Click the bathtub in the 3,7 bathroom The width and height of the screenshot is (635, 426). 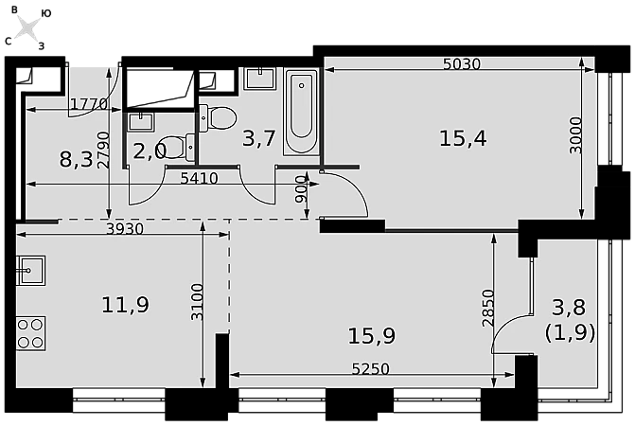[x=301, y=112]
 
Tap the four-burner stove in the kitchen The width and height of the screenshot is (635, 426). [x=31, y=333]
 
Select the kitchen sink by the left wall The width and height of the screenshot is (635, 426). [x=30, y=270]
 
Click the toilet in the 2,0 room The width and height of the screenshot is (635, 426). [x=178, y=147]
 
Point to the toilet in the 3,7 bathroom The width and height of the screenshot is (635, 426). [x=218, y=117]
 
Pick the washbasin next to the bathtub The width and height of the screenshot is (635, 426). [x=259, y=79]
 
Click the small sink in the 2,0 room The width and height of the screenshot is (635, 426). [x=141, y=121]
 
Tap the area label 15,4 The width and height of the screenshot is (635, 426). [x=463, y=138]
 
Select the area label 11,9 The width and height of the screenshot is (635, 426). [x=125, y=305]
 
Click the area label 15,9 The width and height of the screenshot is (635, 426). [x=371, y=336]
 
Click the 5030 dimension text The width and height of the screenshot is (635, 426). [x=461, y=64]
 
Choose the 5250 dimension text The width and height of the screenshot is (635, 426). [x=371, y=369]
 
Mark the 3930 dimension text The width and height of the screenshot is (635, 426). [x=125, y=229]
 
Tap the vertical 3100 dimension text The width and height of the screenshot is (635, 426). [x=197, y=302]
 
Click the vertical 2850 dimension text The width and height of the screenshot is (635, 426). [x=488, y=308]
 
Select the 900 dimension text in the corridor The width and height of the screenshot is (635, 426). [x=301, y=189]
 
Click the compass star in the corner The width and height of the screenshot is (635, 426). [x=28, y=28]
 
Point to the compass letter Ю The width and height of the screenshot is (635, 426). [x=46, y=14]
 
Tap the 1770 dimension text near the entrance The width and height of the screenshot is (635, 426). [x=89, y=104]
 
